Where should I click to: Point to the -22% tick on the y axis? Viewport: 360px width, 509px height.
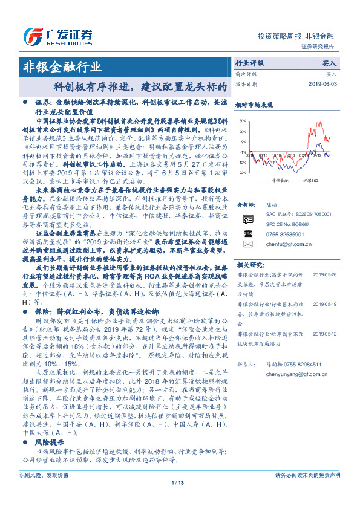(x=242, y=173)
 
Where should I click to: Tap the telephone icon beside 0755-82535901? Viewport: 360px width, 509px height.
(x=247, y=233)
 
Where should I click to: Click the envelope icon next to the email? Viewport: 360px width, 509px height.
(x=247, y=244)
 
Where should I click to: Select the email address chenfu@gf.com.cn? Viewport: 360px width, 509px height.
(x=284, y=245)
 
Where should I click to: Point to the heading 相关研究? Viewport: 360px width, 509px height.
(x=249, y=265)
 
